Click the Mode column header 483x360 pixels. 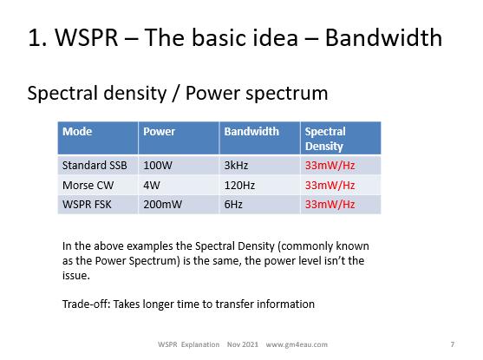[x=77, y=132]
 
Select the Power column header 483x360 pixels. [x=159, y=132]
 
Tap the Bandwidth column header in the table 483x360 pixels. [x=251, y=132]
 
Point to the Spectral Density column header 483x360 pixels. [x=325, y=139]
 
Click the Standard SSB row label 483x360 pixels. [x=95, y=165]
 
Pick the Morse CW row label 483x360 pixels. [x=88, y=186]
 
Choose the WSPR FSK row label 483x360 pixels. [x=87, y=205]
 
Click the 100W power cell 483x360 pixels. [x=158, y=165]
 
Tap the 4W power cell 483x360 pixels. [x=152, y=186]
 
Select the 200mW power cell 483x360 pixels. [x=163, y=205]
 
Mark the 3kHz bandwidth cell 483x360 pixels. [x=236, y=165]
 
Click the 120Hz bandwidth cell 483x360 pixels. [x=239, y=186]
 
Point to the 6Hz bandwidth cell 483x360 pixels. [x=233, y=205]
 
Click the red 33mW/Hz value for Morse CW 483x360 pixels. [x=330, y=186]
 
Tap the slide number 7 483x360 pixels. [x=452, y=344]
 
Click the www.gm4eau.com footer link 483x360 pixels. [x=297, y=344]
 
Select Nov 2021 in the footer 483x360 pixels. [x=243, y=344]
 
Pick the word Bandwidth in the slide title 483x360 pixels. [x=383, y=37]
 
